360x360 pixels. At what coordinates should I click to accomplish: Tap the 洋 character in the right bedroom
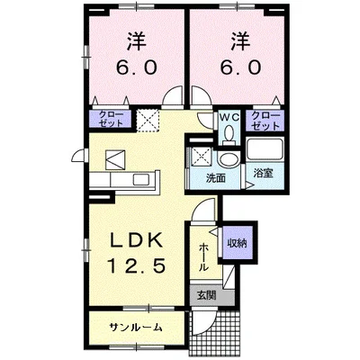(238, 42)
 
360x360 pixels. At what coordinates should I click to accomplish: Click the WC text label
(228, 116)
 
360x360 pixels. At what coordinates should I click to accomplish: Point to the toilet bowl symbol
(229, 133)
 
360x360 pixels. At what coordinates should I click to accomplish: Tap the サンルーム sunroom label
(137, 327)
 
